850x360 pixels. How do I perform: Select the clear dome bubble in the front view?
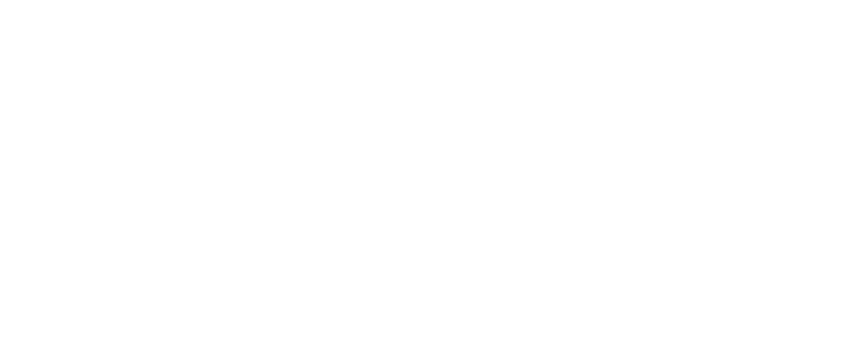point(631,313)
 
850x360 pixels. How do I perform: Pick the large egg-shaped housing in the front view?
point(632,212)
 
